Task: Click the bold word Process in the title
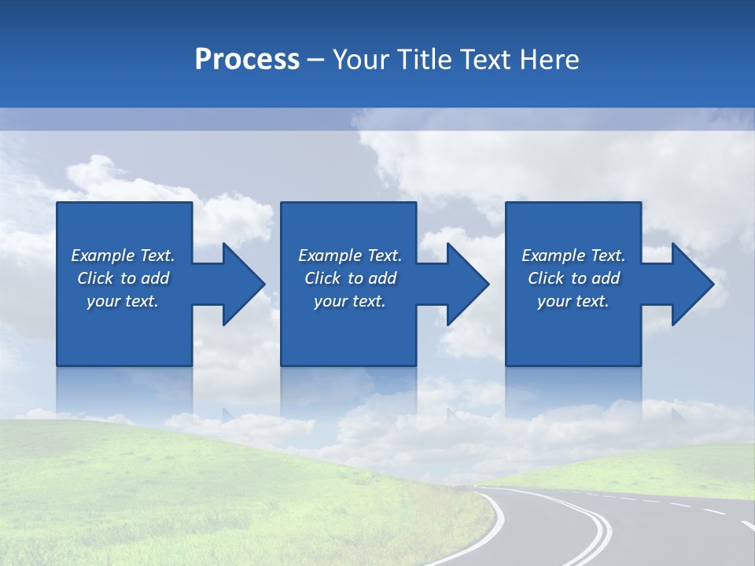(x=247, y=60)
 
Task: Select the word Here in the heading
(x=549, y=60)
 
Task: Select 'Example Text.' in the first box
(x=123, y=255)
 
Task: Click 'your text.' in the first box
(x=123, y=301)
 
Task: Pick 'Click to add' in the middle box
(x=350, y=278)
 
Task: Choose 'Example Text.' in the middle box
(x=350, y=255)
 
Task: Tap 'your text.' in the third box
(x=573, y=301)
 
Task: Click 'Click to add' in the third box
(x=573, y=278)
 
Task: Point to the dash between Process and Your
(x=316, y=60)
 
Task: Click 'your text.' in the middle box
(x=350, y=301)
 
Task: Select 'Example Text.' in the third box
(x=573, y=255)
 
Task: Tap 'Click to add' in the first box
(x=123, y=278)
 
